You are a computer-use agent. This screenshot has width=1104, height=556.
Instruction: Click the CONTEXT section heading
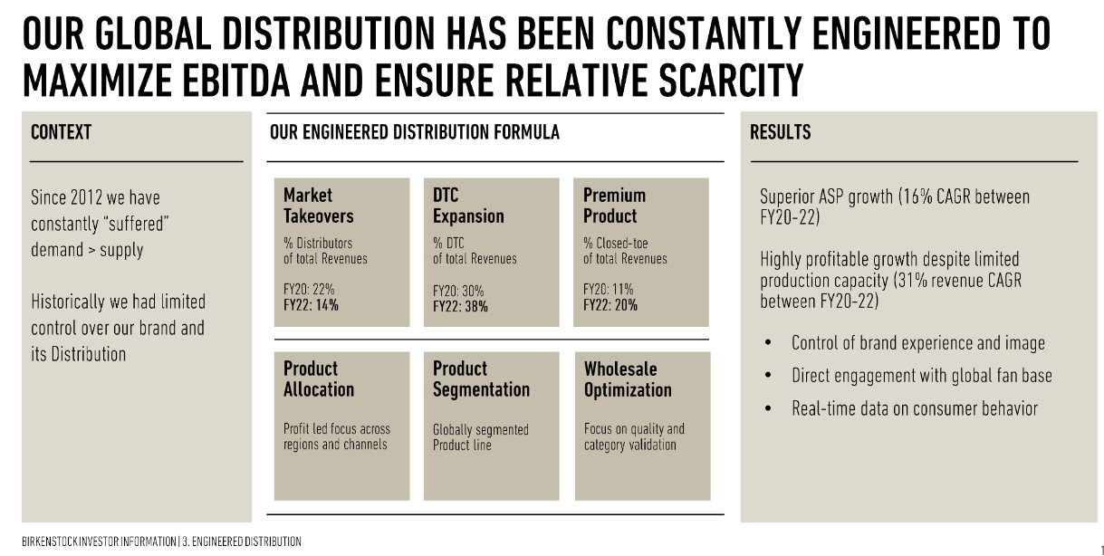(61, 133)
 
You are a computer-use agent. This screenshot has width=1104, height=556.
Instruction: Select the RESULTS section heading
(780, 133)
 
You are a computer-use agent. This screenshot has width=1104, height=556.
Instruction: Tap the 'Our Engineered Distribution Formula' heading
(414, 133)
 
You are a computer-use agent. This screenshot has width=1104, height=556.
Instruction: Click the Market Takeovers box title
(318, 206)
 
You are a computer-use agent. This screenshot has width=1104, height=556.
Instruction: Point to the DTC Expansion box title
(468, 206)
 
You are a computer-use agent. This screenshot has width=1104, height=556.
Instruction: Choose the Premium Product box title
(614, 206)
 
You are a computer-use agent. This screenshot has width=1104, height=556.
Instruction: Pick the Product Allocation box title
(318, 379)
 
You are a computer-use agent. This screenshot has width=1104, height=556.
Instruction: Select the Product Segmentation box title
(481, 379)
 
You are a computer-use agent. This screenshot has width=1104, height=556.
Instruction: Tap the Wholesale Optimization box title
(628, 379)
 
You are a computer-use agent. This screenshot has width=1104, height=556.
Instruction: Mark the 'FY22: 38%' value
(460, 306)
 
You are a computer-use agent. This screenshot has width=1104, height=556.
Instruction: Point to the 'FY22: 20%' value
(610, 306)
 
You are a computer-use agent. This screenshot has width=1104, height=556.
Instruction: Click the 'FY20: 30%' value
(458, 291)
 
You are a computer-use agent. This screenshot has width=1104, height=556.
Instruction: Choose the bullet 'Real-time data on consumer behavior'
(914, 408)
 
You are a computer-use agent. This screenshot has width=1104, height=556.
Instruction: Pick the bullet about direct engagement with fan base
(921, 376)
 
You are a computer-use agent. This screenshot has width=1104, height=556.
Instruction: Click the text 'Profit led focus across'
(336, 429)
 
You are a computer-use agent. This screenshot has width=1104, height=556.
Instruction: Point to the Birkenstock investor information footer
(161, 542)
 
